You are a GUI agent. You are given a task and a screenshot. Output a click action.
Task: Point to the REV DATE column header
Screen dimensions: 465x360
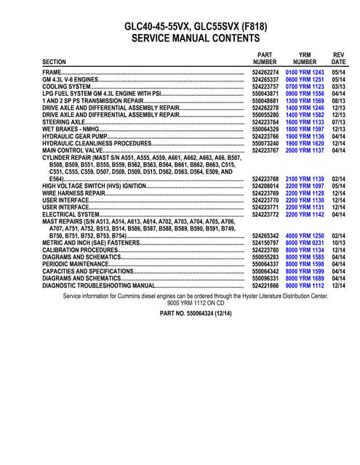[x=338, y=58]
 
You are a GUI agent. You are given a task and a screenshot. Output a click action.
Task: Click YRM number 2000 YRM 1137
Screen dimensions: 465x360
[x=304, y=150]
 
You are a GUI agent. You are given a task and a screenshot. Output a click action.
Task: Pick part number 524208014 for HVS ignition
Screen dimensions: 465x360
[x=266, y=186]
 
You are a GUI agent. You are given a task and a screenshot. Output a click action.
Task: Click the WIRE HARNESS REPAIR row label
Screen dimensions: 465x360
[x=74, y=193]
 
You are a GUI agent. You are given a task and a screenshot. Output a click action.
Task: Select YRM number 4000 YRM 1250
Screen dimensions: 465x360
[x=304, y=236]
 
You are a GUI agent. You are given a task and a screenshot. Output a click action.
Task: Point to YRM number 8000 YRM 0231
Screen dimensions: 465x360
[x=304, y=243]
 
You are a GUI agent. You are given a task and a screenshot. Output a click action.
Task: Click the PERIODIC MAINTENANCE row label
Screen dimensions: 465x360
[x=76, y=264]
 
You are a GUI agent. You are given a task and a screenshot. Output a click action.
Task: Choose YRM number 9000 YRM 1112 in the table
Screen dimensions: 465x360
[x=304, y=286]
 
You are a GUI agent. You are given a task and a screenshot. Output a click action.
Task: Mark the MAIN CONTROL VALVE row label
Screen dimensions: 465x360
[x=73, y=150]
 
